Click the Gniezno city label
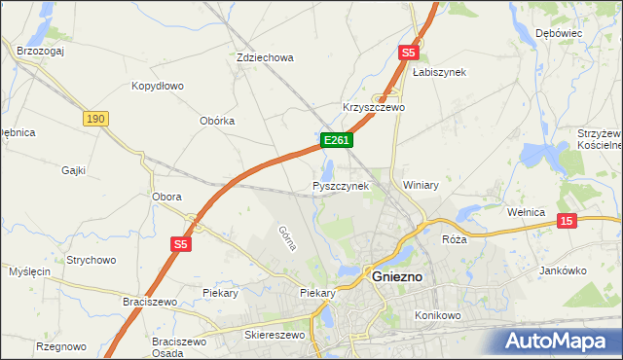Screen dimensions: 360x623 (397, 276)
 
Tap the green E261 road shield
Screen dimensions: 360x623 (336, 141)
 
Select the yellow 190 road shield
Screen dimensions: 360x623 (94, 118)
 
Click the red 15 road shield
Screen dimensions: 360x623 (568, 222)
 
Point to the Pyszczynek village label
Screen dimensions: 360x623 (341, 185)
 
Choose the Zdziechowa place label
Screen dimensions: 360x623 (265, 57)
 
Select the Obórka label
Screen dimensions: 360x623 (217, 121)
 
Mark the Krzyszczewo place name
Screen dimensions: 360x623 (374, 107)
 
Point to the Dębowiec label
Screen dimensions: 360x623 (558, 33)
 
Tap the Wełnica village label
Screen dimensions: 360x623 (531, 210)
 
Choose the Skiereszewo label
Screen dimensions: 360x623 (274, 335)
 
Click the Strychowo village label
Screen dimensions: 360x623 (92, 260)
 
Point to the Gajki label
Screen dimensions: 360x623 (73, 170)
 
